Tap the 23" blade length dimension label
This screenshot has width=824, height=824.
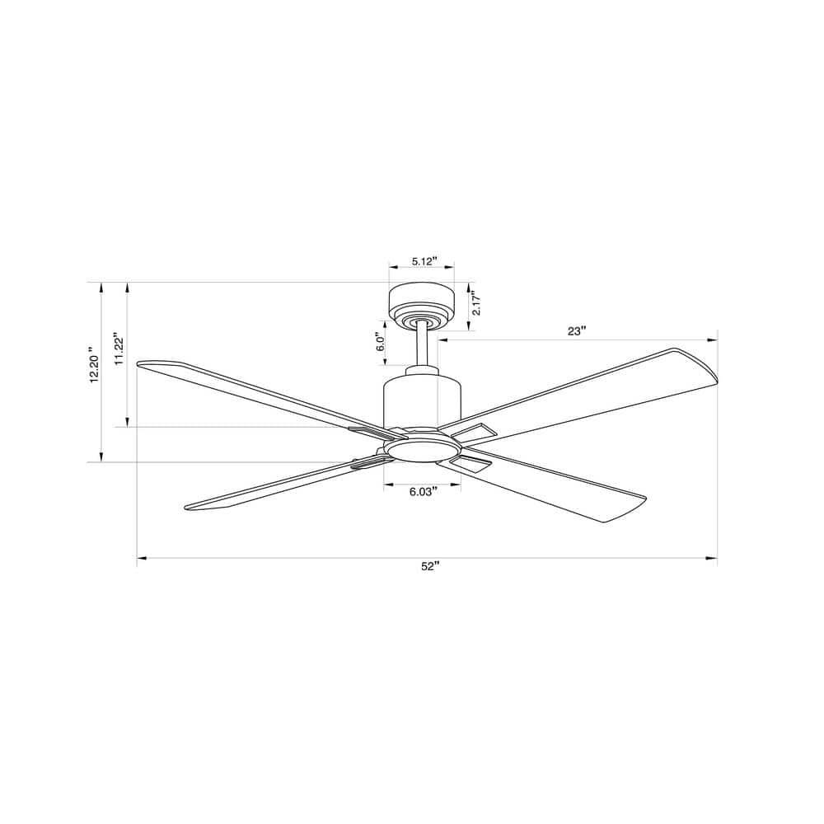[577, 330]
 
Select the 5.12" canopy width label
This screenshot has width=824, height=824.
[421, 262]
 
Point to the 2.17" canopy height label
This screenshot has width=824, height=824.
[477, 305]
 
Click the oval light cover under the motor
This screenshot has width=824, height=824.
[422, 447]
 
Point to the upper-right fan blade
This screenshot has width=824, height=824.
[593, 387]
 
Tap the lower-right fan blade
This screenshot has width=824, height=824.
[560, 489]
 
